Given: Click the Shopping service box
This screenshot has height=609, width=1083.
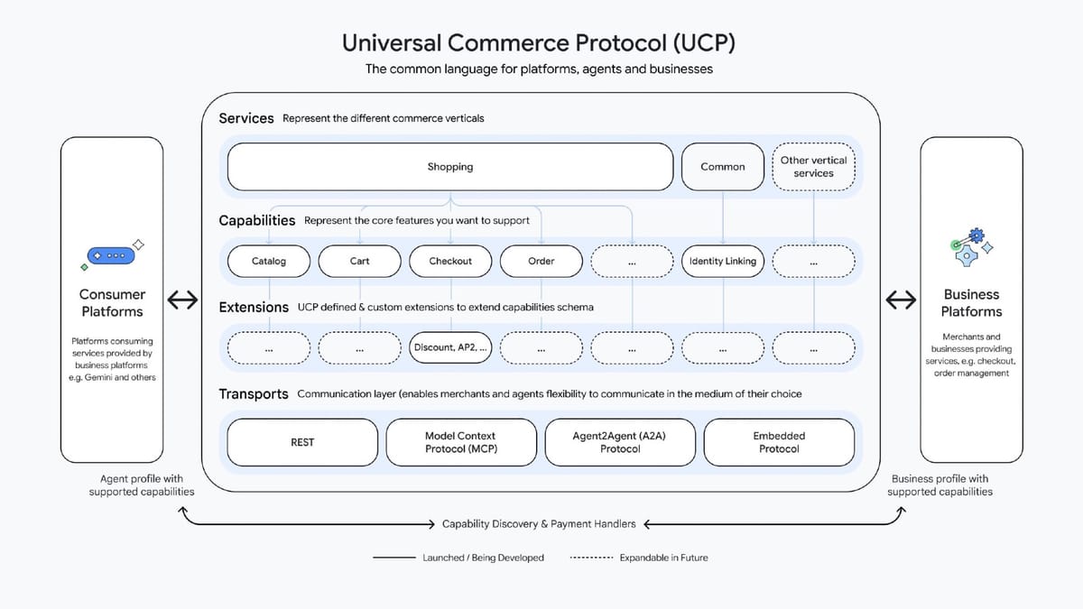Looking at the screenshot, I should click(450, 167).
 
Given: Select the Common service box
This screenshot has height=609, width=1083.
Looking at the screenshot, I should click(723, 167).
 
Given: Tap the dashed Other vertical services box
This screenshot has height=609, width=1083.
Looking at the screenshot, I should click(813, 167).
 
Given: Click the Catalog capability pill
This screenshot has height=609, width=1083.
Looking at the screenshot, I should click(269, 262).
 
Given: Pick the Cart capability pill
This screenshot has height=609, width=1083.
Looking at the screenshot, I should click(359, 262).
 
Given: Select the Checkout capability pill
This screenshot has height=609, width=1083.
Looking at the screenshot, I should click(450, 262).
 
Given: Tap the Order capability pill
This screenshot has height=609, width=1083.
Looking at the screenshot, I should click(541, 262).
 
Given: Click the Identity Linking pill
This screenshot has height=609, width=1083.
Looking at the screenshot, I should click(723, 262).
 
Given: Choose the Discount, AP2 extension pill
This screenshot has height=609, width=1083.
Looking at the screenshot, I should click(450, 347).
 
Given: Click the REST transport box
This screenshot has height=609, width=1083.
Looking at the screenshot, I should click(302, 442).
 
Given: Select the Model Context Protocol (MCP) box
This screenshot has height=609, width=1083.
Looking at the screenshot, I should click(461, 442).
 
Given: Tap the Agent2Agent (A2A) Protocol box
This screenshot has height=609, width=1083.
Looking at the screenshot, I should click(620, 442).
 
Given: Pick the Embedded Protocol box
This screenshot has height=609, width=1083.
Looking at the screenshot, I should click(779, 442).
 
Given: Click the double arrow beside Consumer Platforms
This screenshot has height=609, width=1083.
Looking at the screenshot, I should click(183, 301).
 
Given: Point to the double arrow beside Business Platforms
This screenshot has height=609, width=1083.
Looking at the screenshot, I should click(901, 301).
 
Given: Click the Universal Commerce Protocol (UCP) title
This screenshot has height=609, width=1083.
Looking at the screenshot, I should click(540, 42).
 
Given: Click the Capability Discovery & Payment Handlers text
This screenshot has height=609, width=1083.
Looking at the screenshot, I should click(539, 523).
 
